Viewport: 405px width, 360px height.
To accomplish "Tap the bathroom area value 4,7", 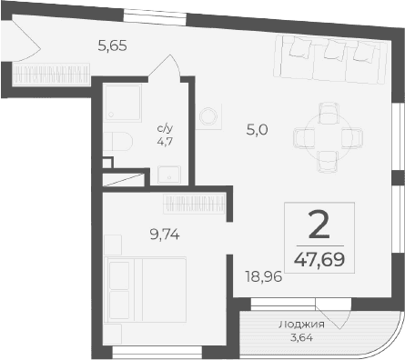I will [x=165, y=141].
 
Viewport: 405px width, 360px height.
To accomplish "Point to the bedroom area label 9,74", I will [x=165, y=233].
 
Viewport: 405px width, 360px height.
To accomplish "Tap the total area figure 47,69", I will [x=319, y=258].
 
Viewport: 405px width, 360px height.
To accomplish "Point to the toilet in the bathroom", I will [x=117, y=139].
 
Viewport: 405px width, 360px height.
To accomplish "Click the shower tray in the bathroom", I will [x=122, y=104].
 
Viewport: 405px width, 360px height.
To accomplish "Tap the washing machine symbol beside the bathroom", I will [x=210, y=117].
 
